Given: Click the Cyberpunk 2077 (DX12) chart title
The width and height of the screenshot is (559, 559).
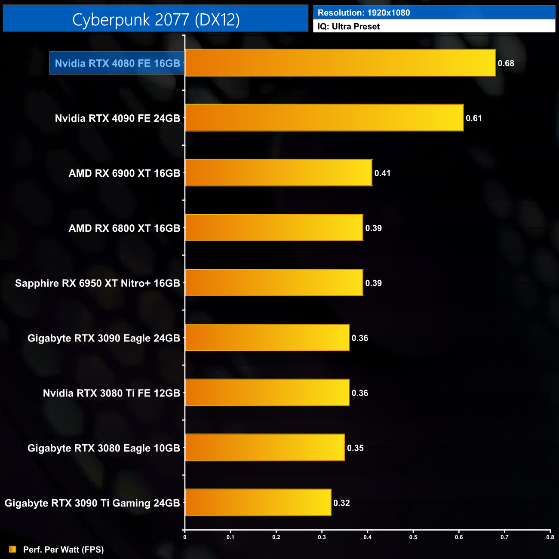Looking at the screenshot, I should click(156, 19).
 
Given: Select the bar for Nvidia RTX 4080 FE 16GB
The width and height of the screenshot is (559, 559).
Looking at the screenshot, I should click(340, 63).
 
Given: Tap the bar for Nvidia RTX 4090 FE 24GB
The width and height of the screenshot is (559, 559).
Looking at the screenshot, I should click(324, 118).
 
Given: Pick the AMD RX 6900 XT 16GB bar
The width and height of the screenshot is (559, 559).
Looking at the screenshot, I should click(279, 173).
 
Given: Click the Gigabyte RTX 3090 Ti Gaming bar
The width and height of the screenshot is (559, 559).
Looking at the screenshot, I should click(258, 503).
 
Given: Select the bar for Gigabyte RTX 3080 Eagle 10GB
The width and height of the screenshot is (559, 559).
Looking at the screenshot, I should click(265, 448).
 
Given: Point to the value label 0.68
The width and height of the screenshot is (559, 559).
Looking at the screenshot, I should click(506, 63).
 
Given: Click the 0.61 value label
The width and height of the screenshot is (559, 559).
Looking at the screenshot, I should click(474, 118).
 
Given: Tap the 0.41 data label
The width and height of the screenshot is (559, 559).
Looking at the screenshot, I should click(382, 173).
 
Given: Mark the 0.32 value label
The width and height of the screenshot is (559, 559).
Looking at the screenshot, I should click(341, 503).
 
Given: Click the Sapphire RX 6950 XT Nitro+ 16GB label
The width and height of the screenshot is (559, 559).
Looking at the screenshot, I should click(98, 283).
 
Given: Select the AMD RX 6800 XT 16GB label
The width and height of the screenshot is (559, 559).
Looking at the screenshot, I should click(124, 228).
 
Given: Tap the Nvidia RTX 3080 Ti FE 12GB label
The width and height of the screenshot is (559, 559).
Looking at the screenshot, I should click(111, 393).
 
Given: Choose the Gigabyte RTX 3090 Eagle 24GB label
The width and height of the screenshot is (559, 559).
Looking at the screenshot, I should click(104, 338).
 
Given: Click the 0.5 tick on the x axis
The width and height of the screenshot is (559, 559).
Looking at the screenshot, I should click(413, 537).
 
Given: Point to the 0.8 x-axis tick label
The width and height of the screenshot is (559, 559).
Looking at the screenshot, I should click(550, 537).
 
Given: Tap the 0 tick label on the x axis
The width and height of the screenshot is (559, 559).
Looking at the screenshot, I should click(185, 537).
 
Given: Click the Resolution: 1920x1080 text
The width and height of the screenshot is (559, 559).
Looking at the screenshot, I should click(364, 13).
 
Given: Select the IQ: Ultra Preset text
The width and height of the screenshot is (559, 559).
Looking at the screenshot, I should click(349, 27).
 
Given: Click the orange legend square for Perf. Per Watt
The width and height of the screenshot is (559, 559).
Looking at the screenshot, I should click(13, 549).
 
